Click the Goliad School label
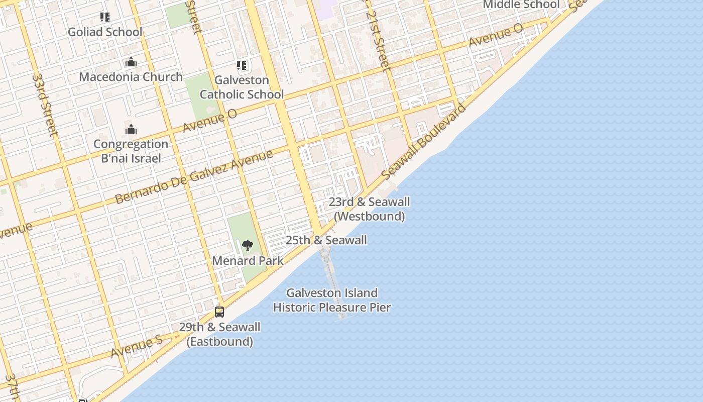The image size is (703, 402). [x=105, y=32]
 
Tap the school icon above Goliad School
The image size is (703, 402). [x=105, y=17]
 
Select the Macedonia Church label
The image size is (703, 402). [x=131, y=77]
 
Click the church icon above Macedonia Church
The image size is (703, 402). [x=131, y=62]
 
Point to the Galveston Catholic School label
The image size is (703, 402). [x=242, y=87]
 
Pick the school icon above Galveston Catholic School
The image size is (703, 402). [x=242, y=65]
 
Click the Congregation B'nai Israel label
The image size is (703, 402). [x=131, y=151]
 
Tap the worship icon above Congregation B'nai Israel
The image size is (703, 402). [x=131, y=130]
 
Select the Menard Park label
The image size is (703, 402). [x=248, y=261]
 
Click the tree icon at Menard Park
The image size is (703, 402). [x=247, y=246]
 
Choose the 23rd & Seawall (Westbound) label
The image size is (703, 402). [x=369, y=209]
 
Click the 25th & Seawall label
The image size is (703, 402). [x=326, y=240]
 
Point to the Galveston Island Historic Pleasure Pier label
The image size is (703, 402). [x=331, y=300]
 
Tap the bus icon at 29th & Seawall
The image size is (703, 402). [x=219, y=312]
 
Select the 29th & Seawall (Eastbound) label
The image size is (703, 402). [x=219, y=334]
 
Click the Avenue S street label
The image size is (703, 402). [x=136, y=347]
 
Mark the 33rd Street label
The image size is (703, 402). [x=46, y=105]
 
